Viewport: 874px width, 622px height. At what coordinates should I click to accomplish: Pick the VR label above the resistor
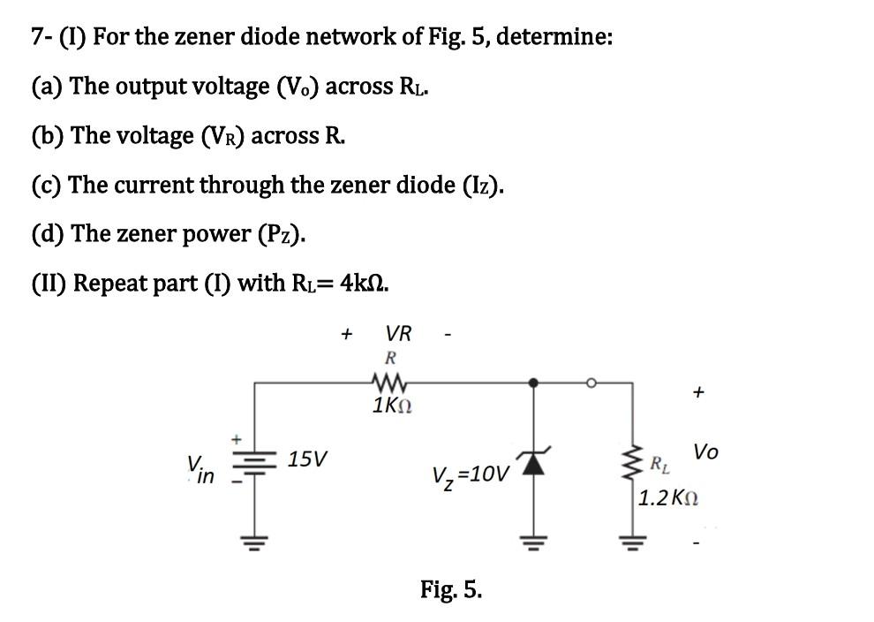pyautogui.click(x=398, y=334)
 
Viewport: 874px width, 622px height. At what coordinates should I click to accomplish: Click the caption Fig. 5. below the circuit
pyautogui.click(x=451, y=588)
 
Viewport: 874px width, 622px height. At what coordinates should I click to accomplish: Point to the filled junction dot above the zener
pyautogui.click(x=532, y=383)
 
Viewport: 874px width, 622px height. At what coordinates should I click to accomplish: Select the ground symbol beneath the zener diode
pyautogui.click(x=532, y=540)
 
